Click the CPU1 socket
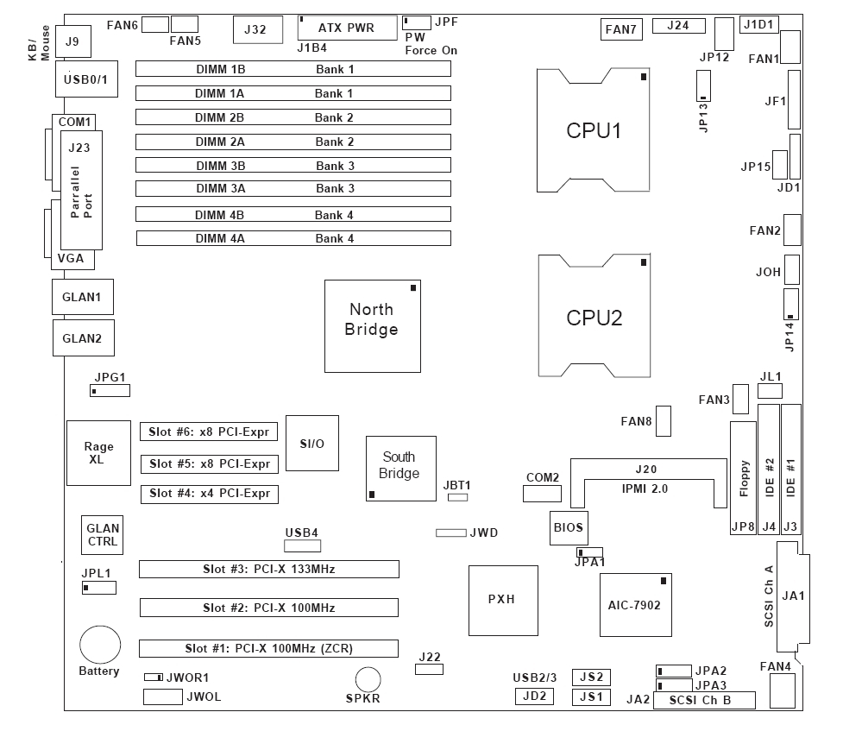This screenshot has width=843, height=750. (x=594, y=130)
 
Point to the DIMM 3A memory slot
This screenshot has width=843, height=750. (x=293, y=188)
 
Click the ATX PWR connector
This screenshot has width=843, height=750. (x=346, y=28)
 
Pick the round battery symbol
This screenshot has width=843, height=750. (x=100, y=645)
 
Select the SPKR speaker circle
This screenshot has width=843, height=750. (x=368, y=679)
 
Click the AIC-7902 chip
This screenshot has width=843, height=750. (x=634, y=606)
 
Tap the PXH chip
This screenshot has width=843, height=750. (x=500, y=600)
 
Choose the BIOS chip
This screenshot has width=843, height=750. (x=568, y=526)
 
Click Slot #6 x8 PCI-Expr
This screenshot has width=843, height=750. (x=210, y=432)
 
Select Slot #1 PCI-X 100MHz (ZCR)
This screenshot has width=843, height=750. (x=269, y=648)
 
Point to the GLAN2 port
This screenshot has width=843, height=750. (x=82, y=338)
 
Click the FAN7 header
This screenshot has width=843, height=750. (x=620, y=30)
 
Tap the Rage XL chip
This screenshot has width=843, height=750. (x=99, y=453)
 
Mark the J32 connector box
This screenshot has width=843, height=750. (x=255, y=29)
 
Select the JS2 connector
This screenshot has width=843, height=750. (x=591, y=677)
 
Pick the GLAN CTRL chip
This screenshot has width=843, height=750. (x=103, y=534)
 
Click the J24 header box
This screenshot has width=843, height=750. (x=678, y=25)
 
